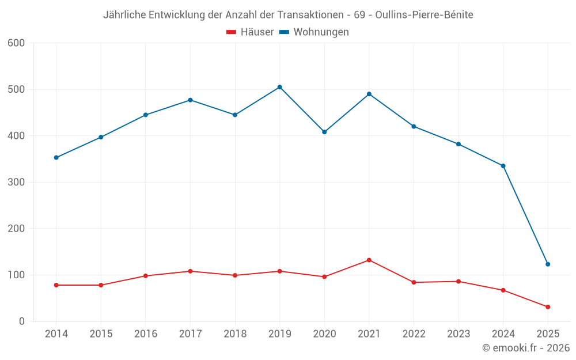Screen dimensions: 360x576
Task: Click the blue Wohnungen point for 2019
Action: tap(279, 87)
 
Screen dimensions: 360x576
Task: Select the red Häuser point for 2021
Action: tap(369, 260)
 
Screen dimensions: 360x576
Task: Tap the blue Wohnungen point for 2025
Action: tap(548, 264)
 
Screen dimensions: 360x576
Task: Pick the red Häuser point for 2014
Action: tap(56, 285)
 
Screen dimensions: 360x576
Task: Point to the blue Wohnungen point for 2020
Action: tap(324, 132)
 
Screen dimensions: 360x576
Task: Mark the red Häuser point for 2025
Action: tap(548, 307)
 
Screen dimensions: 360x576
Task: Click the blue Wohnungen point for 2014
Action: tap(56, 157)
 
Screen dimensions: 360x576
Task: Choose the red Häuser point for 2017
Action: tap(190, 271)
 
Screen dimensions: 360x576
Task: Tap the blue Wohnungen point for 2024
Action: tap(503, 166)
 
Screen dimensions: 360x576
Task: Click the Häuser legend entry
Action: tap(250, 32)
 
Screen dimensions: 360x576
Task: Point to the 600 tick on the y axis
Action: tap(16, 43)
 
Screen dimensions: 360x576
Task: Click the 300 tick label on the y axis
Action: tap(16, 183)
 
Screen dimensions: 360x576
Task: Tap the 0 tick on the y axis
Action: tap(22, 321)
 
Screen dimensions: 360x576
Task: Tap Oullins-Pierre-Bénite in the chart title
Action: tap(424, 15)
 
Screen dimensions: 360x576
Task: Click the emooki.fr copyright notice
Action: tap(525, 348)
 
